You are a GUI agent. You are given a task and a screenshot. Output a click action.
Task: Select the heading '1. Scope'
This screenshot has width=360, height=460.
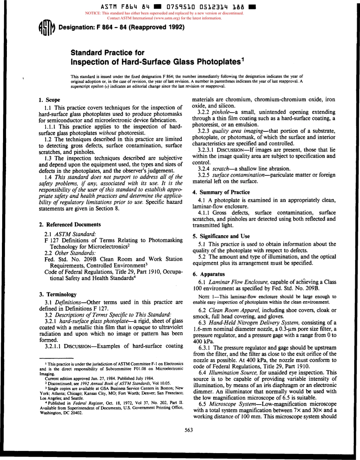pyautogui.click(x=50, y=100)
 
